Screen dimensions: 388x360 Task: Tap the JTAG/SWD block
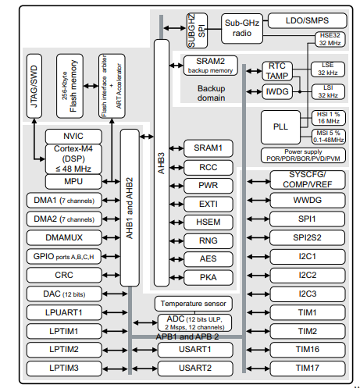(34, 85)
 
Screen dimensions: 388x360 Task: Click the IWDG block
(276, 91)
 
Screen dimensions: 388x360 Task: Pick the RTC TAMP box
(276, 70)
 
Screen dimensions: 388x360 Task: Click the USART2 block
(195, 367)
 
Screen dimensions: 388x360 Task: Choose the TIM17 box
(306, 367)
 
